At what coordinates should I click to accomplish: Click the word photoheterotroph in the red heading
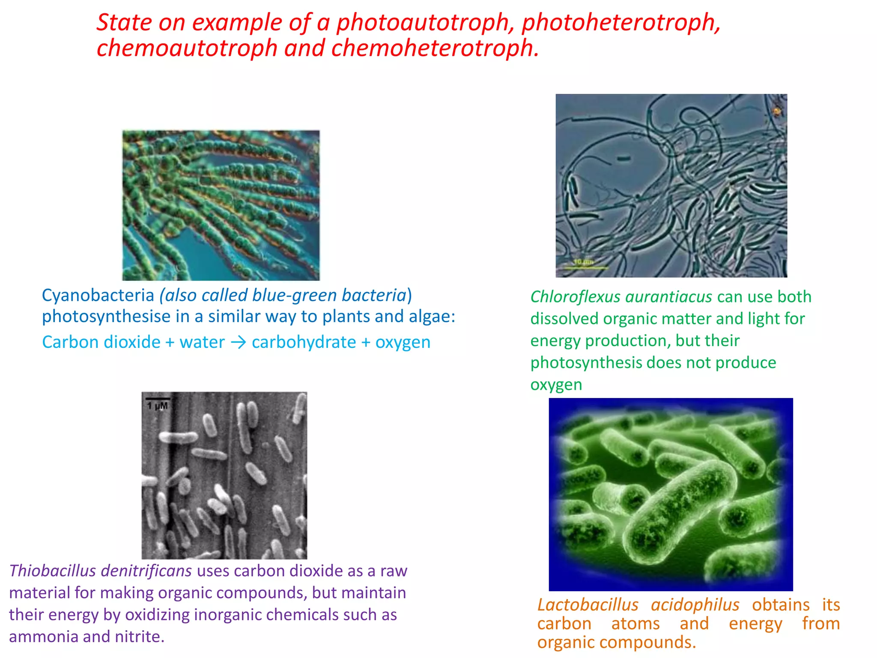coord(621,22)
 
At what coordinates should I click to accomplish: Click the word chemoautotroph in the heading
coord(187,48)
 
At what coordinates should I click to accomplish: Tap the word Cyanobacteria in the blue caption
coord(98,295)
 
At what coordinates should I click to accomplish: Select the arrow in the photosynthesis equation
coord(238,342)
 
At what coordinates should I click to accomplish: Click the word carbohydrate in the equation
coord(304,342)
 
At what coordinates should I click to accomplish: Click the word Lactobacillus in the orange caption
coord(588,605)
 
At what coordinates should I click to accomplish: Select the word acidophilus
coord(695,605)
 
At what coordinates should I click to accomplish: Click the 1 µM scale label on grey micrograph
coord(157,405)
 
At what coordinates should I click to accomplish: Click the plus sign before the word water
coord(170,342)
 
